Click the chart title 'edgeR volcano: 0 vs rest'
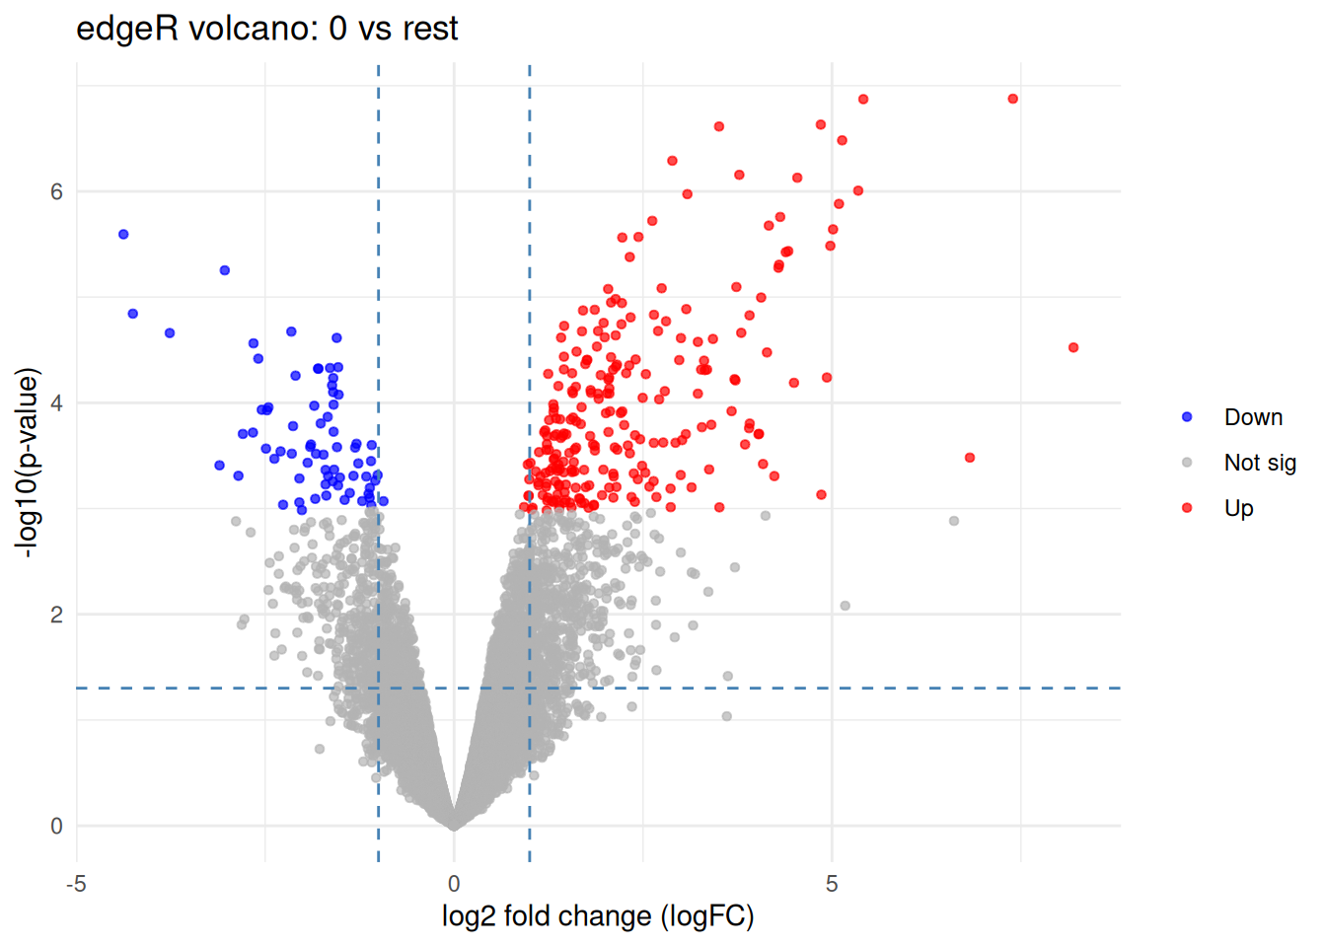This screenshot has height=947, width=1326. coord(266,29)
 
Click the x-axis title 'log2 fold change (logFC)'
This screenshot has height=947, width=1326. coord(598,916)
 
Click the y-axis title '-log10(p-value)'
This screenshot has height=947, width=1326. coord(28,463)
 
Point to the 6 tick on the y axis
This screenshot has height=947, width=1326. coord(56,191)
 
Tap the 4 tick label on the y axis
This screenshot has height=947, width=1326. coord(56,402)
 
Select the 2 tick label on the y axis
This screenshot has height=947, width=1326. coord(56,615)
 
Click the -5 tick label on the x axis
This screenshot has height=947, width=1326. coord(76,884)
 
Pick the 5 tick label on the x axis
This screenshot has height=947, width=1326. coord(832,884)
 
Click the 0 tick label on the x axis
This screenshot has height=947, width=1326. coord(454,884)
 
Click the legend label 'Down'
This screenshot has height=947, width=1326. coord(1253,417)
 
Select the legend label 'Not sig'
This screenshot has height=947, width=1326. coord(1260,463)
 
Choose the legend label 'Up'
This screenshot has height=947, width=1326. coord(1238,508)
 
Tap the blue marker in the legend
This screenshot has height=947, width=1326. coord(1187,417)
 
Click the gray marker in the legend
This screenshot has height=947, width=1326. coord(1187,463)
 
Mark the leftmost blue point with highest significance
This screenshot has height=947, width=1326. coord(123,234)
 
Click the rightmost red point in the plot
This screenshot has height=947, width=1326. coord(1073,347)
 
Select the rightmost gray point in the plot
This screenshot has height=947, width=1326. coord(954,521)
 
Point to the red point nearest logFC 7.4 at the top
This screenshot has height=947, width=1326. coord(1013,99)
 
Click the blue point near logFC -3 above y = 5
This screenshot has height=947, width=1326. coord(225,270)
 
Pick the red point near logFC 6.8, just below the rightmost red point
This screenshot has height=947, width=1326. coord(970,458)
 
